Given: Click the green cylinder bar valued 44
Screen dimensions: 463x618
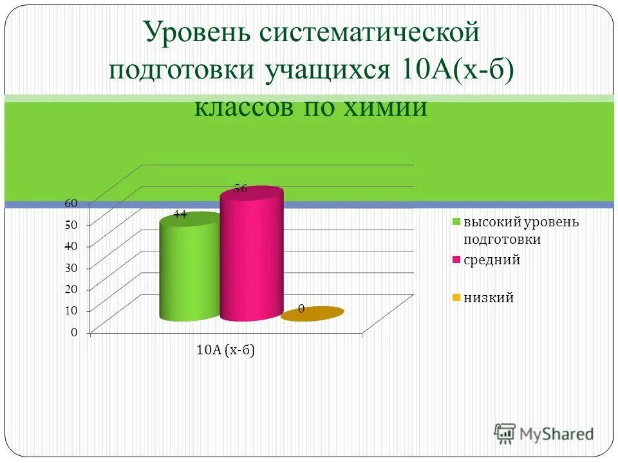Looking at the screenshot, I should [189, 270].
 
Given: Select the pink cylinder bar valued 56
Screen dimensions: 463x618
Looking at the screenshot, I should [251, 257].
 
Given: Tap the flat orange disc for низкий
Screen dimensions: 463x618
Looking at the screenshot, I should [313, 313].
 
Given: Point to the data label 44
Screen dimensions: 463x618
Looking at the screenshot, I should [180, 215].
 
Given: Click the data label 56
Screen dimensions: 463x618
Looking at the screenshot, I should [241, 188].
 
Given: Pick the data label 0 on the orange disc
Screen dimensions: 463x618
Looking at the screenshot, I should [301, 309].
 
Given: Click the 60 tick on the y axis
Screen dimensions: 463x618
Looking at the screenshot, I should [71, 203].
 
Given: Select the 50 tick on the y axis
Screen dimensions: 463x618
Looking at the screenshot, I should [71, 225].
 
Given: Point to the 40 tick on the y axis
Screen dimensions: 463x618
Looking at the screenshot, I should [71, 246].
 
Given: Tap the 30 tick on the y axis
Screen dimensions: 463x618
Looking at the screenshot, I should [71, 268].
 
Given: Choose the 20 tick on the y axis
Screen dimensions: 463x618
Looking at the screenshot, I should [71, 289].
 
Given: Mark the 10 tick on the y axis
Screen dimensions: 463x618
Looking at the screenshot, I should [71, 311].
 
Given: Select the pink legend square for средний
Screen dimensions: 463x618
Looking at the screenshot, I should [456, 260].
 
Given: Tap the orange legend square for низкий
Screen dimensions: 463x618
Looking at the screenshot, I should [456, 298].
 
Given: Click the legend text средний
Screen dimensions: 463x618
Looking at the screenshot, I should [492, 260].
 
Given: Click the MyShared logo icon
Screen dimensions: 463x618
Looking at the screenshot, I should [506, 433].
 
